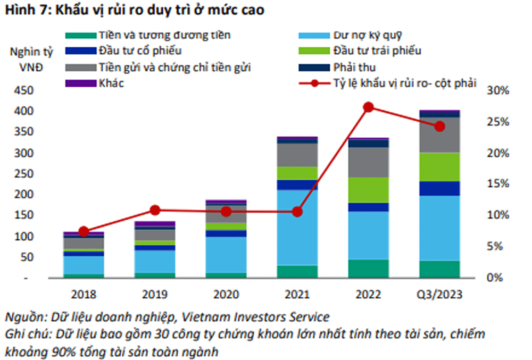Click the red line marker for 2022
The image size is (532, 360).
pos(368,107)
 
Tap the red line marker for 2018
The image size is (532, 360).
pos(84,231)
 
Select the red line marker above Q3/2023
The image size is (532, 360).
pos(439,127)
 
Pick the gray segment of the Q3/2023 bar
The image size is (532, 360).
pos(439,135)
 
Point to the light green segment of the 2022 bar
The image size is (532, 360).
pos(368,190)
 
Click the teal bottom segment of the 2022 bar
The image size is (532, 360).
pos(368,269)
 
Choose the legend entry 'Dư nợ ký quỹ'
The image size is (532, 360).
pos(367,36)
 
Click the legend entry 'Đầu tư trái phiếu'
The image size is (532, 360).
pos(378,51)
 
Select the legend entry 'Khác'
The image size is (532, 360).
pos(111,83)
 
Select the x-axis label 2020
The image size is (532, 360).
pos(226,294)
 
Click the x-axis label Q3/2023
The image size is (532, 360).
pos(439,294)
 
